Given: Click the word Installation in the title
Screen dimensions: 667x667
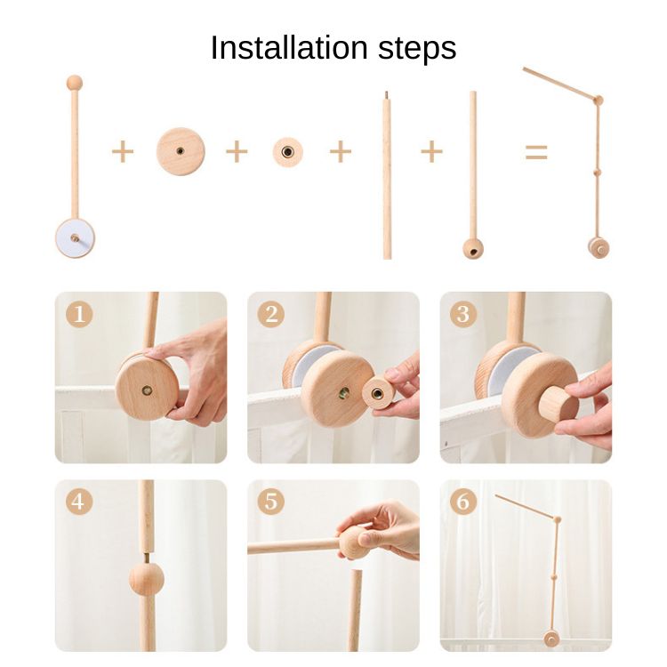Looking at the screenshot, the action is pos(289,48).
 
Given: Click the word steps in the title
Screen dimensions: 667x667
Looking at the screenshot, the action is pos(417,50).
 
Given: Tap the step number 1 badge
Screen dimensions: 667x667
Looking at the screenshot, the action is pos(79,314).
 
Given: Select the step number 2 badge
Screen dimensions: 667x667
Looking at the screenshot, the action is pos(271,314).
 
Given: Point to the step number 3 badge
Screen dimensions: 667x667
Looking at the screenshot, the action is pos(463,314).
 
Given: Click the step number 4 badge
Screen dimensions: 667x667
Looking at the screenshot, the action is pos(79,501).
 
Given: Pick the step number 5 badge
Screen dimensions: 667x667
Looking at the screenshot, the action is pos(271,501).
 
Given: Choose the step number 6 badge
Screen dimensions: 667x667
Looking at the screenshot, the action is pos(463,501).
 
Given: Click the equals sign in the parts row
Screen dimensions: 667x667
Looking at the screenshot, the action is pos(536,152).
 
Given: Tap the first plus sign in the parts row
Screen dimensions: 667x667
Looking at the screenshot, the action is pos(123,151).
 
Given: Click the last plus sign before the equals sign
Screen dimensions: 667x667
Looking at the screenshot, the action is pos(431,151).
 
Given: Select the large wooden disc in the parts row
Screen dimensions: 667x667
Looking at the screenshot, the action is pos(181,151).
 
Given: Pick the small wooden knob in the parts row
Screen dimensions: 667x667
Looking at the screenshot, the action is pos(287,152).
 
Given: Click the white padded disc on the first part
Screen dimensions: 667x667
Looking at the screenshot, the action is pos(75,238).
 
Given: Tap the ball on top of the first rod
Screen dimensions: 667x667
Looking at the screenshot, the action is pos(75,82).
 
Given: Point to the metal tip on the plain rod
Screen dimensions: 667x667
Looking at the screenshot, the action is pos(386,95).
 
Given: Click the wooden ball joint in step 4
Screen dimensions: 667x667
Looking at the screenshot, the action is pos(147,579).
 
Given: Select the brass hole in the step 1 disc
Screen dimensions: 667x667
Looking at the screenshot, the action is pos(147,390).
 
